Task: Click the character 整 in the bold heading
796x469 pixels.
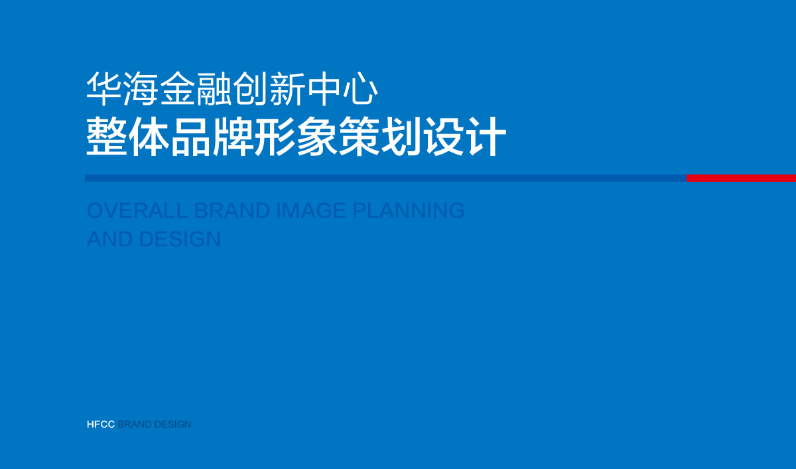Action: [107, 137]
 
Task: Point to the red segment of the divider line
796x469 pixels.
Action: [741, 178]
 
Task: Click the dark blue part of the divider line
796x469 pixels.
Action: [385, 178]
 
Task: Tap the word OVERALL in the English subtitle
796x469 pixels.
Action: [137, 210]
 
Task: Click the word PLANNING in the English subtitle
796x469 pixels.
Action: [408, 210]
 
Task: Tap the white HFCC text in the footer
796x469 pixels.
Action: [101, 425]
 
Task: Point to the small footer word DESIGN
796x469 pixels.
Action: [172, 425]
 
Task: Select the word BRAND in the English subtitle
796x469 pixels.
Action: [232, 210]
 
